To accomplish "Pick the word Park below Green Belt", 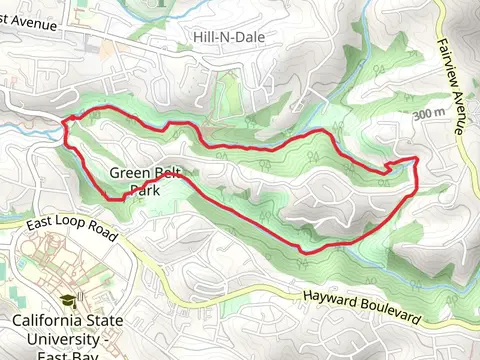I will [146, 188].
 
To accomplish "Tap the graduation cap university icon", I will [67, 300].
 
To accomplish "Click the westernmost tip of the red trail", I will [65, 122].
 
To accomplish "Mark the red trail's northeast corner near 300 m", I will [415, 158].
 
